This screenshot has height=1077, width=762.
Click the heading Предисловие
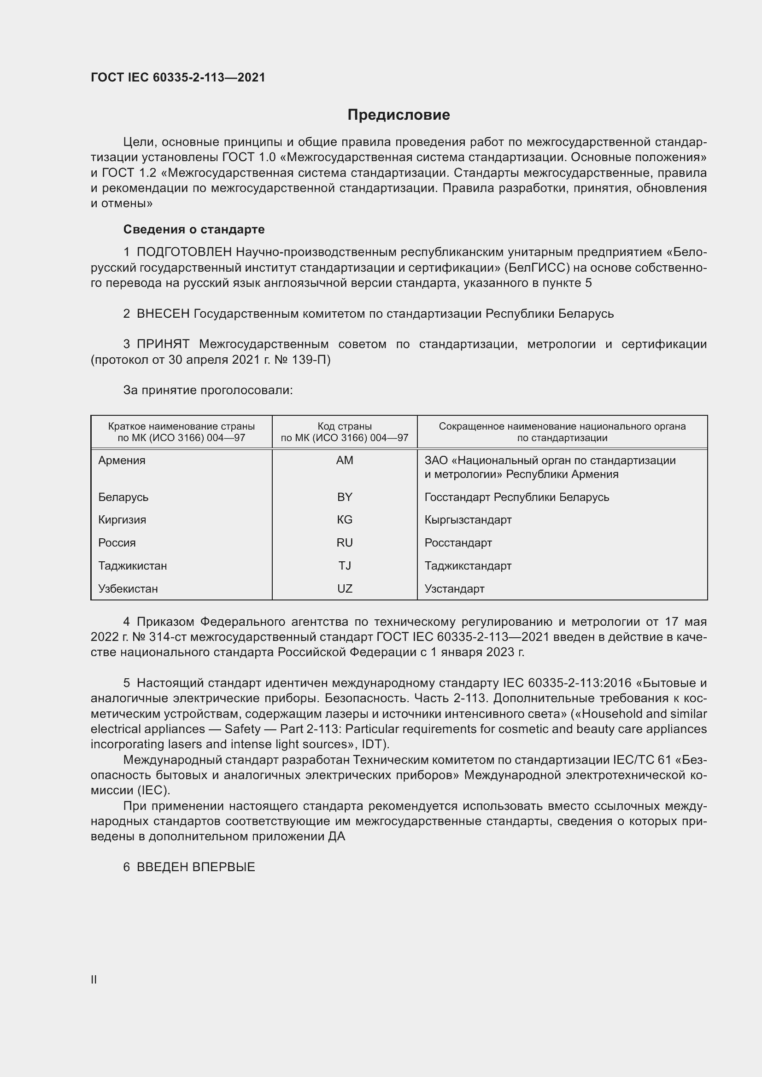coord(399,115)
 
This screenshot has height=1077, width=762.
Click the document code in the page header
coord(178,77)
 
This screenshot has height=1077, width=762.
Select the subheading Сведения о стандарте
coord(194,229)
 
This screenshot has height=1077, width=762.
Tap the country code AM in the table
coord(345,460)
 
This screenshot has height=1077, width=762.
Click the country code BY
coord(345,497)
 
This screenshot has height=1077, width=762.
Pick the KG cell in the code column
coord(345,520)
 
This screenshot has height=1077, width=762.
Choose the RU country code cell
coord(345,543)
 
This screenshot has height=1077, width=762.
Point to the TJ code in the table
coord(345,566)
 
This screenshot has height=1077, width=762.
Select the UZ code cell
coord(345,589)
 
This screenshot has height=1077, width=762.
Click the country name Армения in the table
coord(122,460)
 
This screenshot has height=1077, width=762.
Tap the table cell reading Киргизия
coord(122,520)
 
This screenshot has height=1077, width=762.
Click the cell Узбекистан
coord(128,589)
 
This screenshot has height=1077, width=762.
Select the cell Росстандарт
coord(458,543)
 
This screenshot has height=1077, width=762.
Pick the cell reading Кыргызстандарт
coord(468,520)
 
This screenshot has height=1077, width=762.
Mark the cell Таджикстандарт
coord(468,566)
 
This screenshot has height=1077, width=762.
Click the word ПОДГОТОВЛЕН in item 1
coord(184,252)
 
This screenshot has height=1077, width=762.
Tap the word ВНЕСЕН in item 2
coord(163,314)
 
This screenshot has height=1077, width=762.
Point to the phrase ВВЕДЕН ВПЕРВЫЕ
coord(196,867)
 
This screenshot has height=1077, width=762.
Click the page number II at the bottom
coord(94,980)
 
